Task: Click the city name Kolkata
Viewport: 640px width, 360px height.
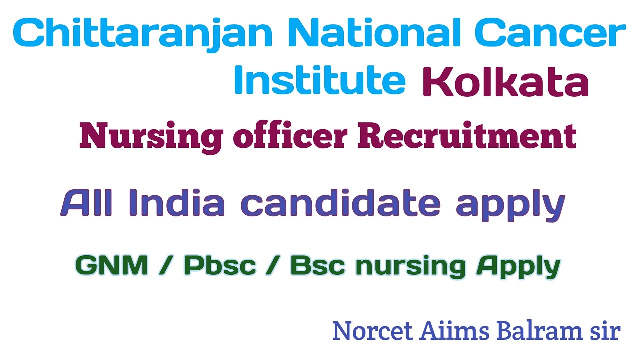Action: click(x=505, y=82)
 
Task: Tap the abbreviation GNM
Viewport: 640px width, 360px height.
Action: click(x=112, y=265)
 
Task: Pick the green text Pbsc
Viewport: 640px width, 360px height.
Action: click(x=220, y=265)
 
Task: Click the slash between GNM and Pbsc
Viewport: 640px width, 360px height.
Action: click(x=166, y=265)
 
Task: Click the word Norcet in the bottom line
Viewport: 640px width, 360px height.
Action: click(x=372, y=331)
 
